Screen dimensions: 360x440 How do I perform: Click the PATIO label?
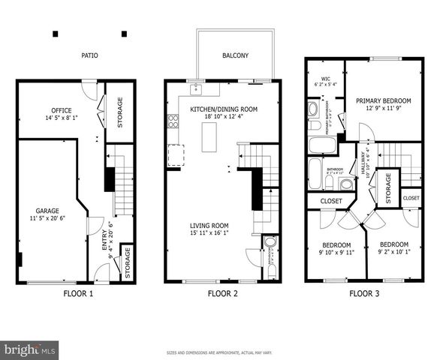tap(90, 55)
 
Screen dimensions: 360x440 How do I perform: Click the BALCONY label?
tap(234, 55)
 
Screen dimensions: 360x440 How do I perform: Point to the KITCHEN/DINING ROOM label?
tap(224, 109)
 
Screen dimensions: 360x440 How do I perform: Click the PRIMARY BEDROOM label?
tap(384, 100)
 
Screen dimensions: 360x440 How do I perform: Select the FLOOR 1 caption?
tap(78, 293)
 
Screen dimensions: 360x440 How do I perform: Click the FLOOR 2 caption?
tap(222, 293)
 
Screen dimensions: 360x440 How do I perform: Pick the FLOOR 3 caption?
tap(364, 293)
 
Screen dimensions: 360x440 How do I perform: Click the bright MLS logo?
tap(30, 349)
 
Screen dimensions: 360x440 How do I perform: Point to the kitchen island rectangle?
tap(209, 136)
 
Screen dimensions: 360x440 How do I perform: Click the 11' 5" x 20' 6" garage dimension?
tap(47, 220)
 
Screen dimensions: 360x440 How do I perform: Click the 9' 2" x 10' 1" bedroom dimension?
tap(393, 253)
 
